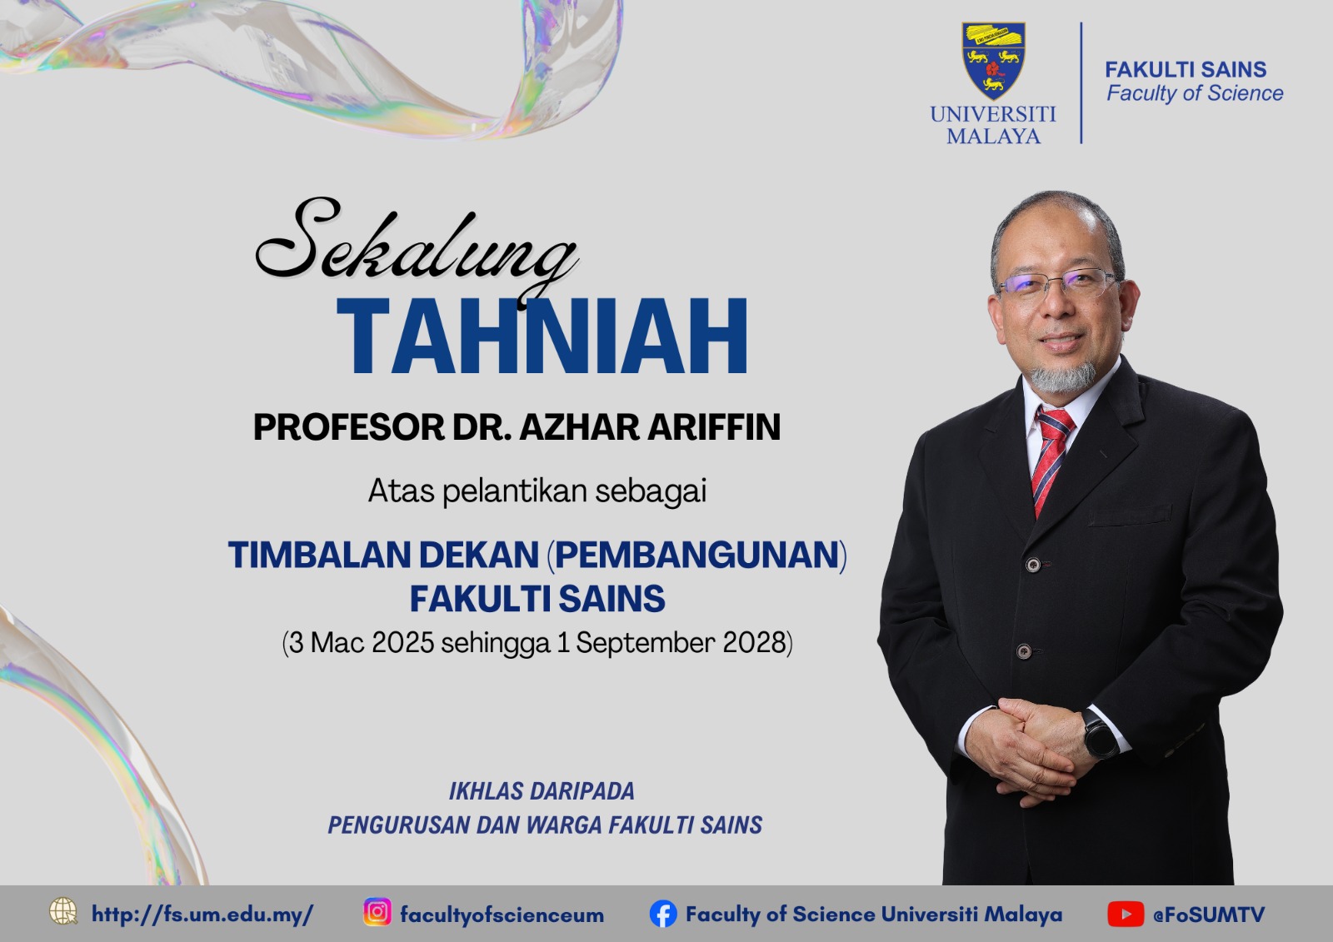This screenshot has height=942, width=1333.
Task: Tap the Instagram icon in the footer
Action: click(x=377, y=912)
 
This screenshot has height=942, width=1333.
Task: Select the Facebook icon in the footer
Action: click(x=663, y=914)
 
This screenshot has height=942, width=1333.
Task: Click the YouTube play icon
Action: click(x=1126, y=914)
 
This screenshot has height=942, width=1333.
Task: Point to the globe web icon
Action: click(x=63, y=911)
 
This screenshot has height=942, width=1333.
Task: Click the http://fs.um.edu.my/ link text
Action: click(x=202, y=914)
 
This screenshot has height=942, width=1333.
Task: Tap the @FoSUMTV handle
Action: click(x=1209, y=915)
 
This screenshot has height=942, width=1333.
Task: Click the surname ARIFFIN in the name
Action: click(x=713, y=426)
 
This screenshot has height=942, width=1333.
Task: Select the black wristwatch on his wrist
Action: click(x=1100, y=733)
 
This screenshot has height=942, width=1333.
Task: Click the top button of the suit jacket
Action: click(x=1033, y=565)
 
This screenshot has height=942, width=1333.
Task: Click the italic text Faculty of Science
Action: click(x=1195, y=93)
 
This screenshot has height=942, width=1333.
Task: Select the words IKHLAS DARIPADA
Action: click(x=542, y=791)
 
